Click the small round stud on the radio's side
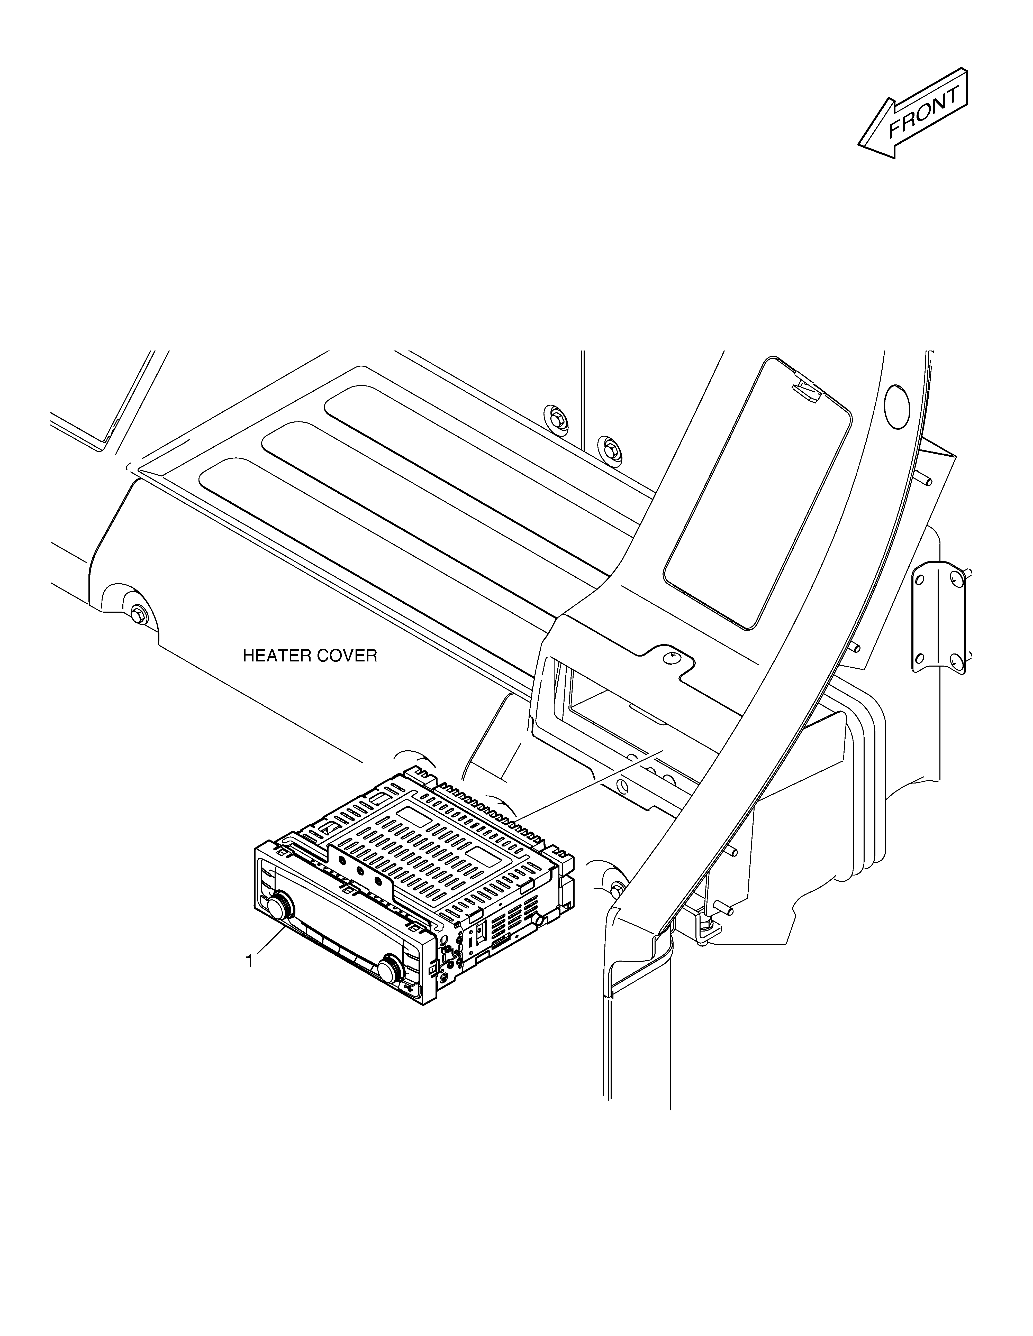tap(538, 919)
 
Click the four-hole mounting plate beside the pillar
tap(939, 618)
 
